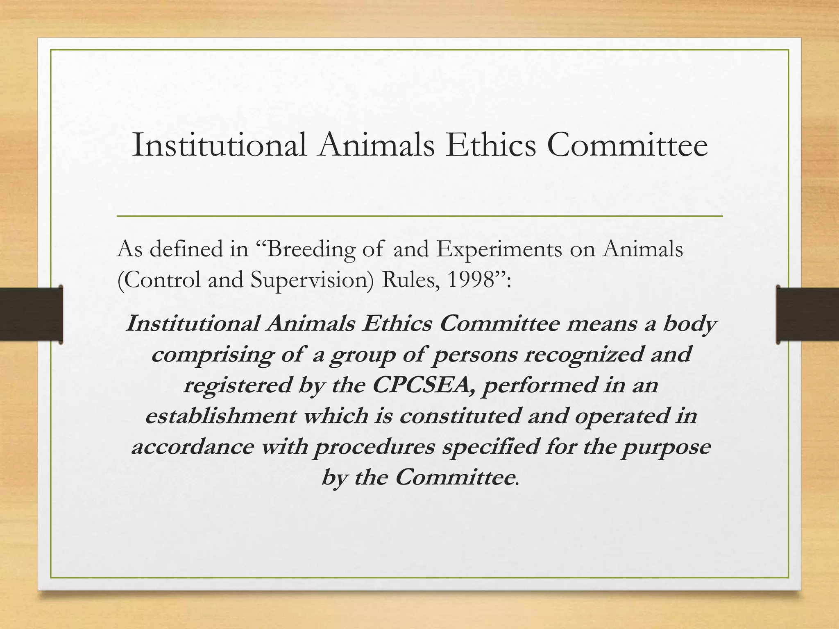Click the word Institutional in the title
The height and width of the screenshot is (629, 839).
(219, 145)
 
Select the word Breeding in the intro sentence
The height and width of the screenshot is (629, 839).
(311, 249)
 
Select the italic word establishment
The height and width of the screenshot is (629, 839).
(221, 416)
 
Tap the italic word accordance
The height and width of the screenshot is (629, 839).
(193, 447)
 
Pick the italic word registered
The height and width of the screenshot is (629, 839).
(237, 385)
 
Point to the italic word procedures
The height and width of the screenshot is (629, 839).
(374, 447)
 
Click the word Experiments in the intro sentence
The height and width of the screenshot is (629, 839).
(499, 249)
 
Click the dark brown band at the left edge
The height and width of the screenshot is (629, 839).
(31, 314)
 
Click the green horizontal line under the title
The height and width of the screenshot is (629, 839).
(419, 216)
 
